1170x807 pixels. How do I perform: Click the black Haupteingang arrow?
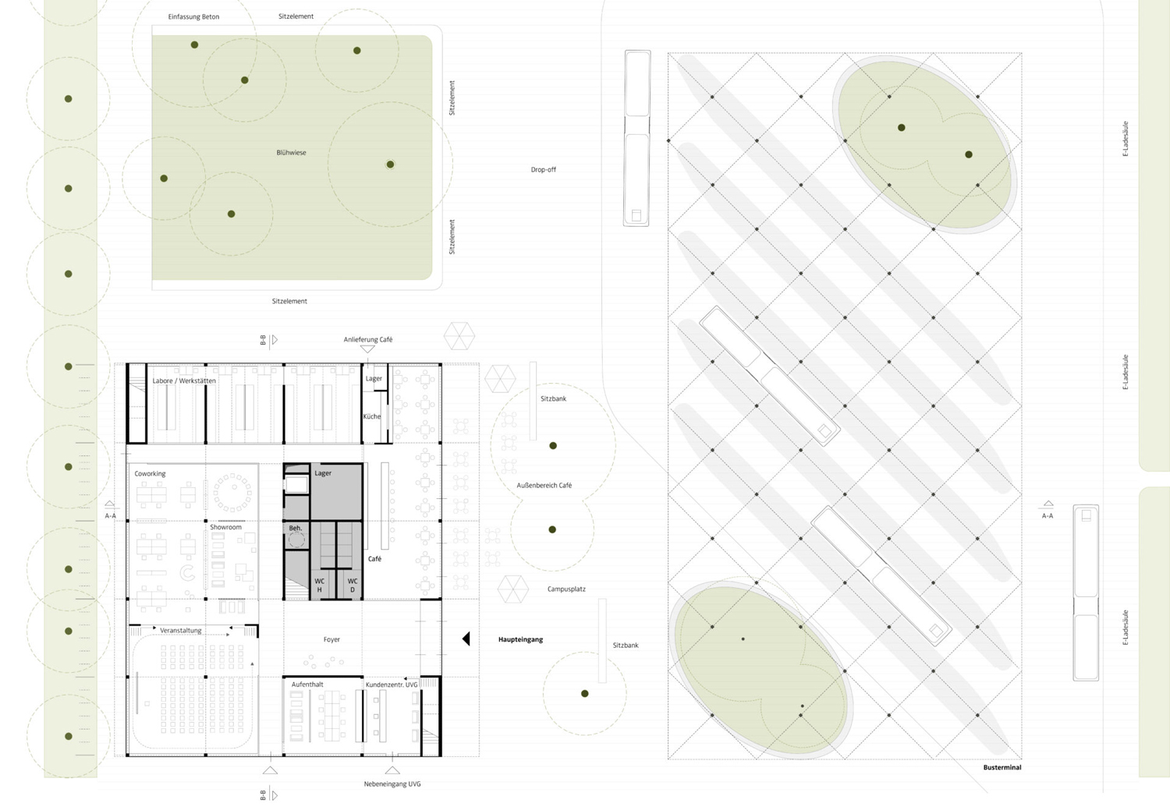point(466,639)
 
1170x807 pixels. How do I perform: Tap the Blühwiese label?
point(291,153)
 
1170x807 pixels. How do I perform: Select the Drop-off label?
point(543,169)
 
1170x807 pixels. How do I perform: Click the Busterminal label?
point(1002,767)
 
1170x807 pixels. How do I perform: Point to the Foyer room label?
point(331,639)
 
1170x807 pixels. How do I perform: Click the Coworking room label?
point(150,473)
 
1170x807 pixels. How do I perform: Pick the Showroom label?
point(225,527)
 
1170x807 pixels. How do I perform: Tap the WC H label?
point(319,586)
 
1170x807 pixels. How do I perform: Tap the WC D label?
point(353,586)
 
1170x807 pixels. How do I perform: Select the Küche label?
point(372,416)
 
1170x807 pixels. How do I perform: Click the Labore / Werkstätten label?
point(184,380)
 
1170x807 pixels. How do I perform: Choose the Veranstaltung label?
point(180,630)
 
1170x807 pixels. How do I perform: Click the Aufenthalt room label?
point(307,684)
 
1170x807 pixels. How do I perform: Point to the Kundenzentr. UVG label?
point(392,685)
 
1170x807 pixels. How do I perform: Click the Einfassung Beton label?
point(193,16)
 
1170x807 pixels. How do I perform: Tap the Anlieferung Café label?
point(368,339)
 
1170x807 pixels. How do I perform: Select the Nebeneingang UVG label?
point(392,784)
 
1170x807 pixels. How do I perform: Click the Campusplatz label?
point(566,589)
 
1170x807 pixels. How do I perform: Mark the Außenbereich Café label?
point(544,485)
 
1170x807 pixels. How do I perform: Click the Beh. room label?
point(295,528)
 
